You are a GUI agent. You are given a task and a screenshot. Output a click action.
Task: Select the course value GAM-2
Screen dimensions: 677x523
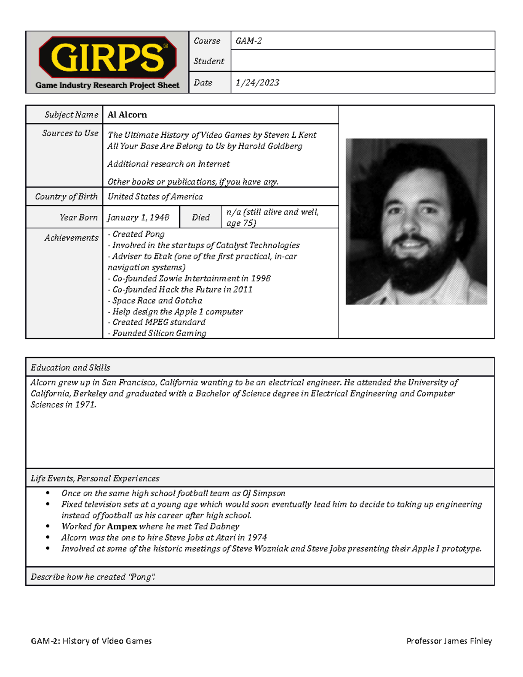(x=248, y=41)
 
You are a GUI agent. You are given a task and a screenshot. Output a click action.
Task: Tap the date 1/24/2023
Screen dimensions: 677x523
(x=257, y=83)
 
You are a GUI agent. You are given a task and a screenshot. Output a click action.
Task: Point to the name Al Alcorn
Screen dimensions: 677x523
(x=127, y=115)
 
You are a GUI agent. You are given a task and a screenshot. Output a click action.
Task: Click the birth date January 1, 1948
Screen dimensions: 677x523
(x=138, y=218)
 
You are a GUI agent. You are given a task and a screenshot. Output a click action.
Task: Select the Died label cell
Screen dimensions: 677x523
(x=201, y=218)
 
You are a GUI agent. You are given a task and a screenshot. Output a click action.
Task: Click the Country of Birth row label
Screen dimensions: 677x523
(x=66, y=197)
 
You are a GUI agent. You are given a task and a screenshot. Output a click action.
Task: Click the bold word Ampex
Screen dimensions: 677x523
(x=122, y=527)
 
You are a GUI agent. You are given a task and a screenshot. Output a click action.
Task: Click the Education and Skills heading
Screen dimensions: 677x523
(x=71, y=368)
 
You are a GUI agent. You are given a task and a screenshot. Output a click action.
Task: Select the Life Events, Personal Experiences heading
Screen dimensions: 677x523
(x=95, y=479)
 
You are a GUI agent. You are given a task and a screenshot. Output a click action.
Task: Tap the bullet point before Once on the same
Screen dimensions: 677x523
(x=48, y=493)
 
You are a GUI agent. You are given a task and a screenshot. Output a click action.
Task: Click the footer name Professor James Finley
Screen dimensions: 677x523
(x=449, y=641)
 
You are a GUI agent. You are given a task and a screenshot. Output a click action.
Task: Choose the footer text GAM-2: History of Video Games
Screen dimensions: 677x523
(x=91, y=641)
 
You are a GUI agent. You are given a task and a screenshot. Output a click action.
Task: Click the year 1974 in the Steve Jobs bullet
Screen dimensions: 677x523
(x=257, y=538)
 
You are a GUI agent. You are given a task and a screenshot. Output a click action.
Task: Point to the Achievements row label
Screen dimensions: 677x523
(x=71, y=238)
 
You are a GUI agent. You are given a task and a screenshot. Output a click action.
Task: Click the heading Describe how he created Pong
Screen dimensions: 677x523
(x=93, y=577)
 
